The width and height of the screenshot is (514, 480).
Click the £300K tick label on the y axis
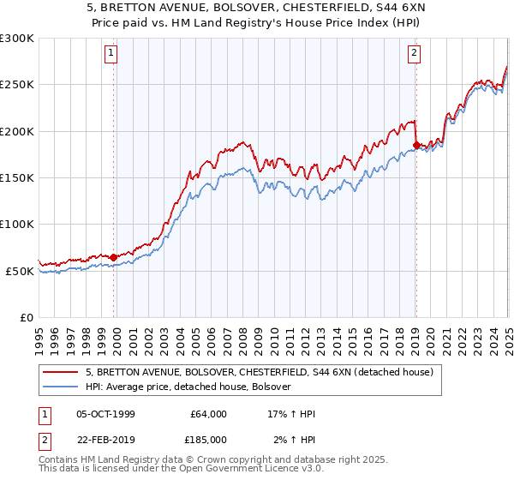[x=17, y=39]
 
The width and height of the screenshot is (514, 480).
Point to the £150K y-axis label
[x=17, y=177]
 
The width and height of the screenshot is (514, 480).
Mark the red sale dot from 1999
[x=113, y=257]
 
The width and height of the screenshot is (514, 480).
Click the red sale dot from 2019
[x=415, y=145]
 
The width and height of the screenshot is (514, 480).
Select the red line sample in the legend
[x=60, y=373]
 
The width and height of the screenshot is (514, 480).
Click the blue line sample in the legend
[x=60, y=387]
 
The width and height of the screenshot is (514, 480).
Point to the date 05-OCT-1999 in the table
[x=105, y=414]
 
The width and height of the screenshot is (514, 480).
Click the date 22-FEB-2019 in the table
[x=105, y=440]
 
